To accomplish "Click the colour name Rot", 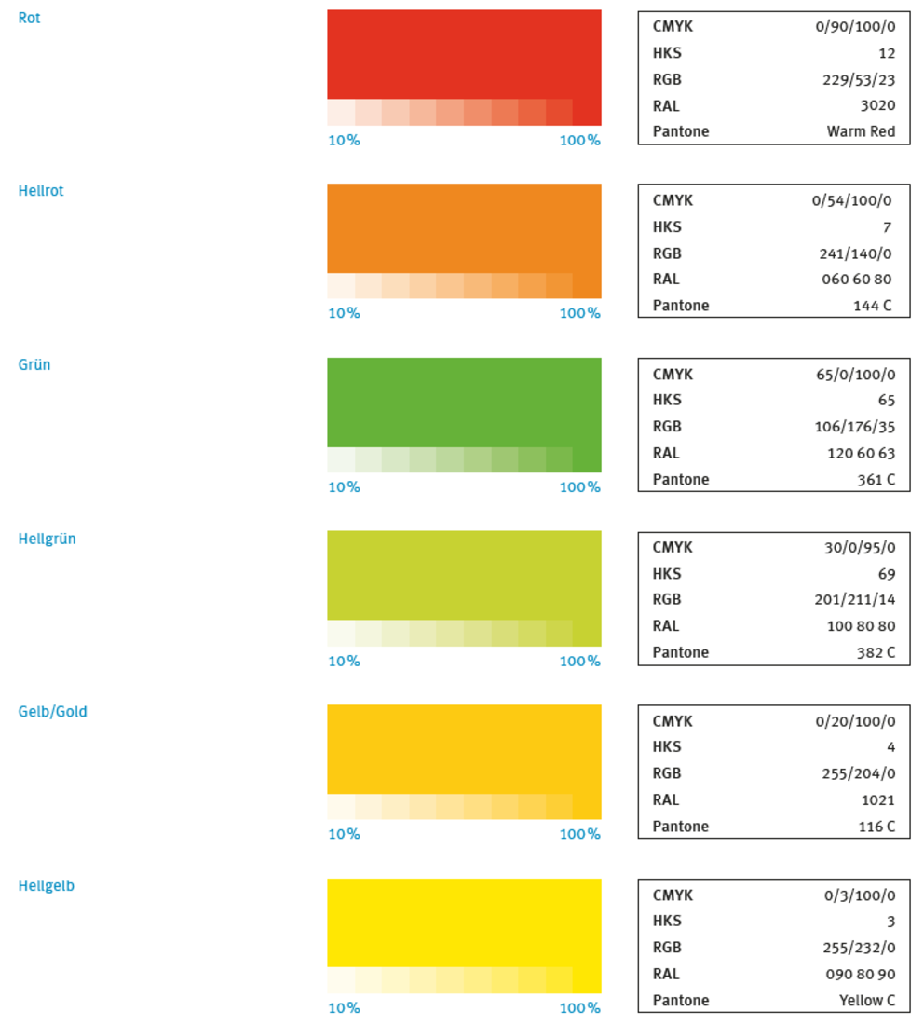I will click(29, 19).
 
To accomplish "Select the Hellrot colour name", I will click(41, 191).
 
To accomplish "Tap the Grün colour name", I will click(34, 365).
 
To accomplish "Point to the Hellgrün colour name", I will click(47, 539).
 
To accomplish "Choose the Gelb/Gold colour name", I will click(52, 712).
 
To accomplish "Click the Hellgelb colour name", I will click(46, 886).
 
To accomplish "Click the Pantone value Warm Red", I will click(861, 131).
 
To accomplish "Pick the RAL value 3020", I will click(877, 105).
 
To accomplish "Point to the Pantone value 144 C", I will click(874, 306).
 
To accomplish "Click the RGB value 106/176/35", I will click(854, 427).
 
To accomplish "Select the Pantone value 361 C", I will click(876, 480).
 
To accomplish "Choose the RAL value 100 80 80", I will click(861, 626).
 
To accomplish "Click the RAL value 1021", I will click(877, 799).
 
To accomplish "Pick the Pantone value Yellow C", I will click(867, 1001).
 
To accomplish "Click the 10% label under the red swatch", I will click(344, 141).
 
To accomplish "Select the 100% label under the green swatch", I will click(579, 487).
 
